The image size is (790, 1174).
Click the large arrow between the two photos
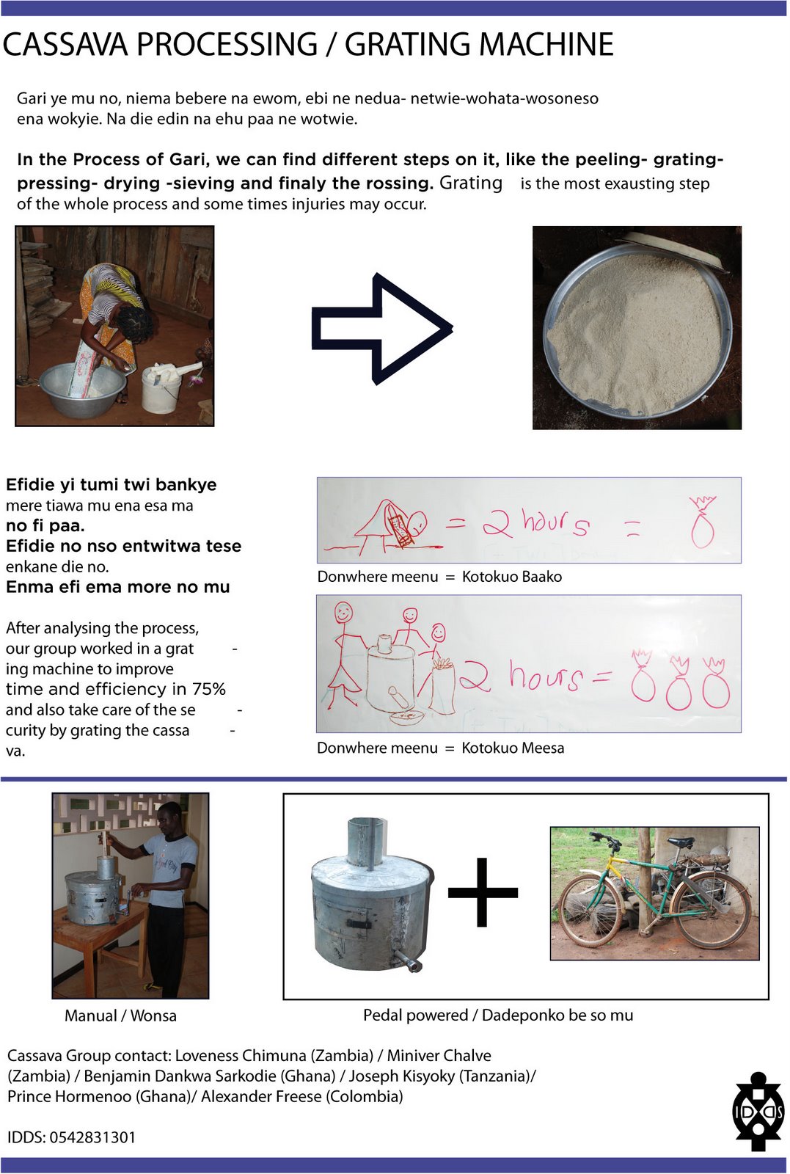coord(381,329)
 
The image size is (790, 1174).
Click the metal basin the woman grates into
coord(81,389)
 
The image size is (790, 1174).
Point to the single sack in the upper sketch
coord(702,522)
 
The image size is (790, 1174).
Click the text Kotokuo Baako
coord(512,577)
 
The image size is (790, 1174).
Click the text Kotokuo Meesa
coord(513,748)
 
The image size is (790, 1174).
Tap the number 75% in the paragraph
coord(209,689)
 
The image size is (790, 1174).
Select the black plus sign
coord(483,892)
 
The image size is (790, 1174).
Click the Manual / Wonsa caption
coord(120,1016)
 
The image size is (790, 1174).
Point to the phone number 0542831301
coord(92,1137)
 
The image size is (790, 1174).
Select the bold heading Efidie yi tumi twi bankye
coord(111,485)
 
